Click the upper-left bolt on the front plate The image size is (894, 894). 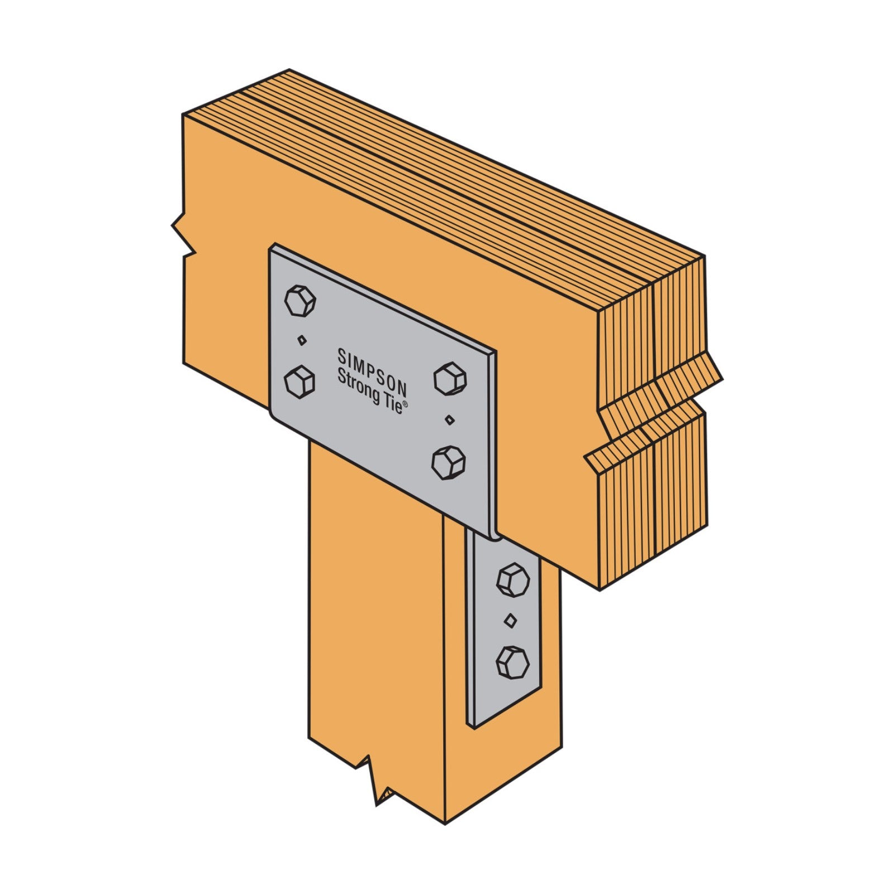click(300, 301)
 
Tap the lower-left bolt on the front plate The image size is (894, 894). click(299, 382)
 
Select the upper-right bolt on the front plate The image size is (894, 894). click(450, 378)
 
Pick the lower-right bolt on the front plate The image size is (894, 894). click(449, 462)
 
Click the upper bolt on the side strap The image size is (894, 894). click(513, 579)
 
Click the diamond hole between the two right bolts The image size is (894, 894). click(449, 419)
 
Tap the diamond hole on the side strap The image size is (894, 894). click(510, 620)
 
